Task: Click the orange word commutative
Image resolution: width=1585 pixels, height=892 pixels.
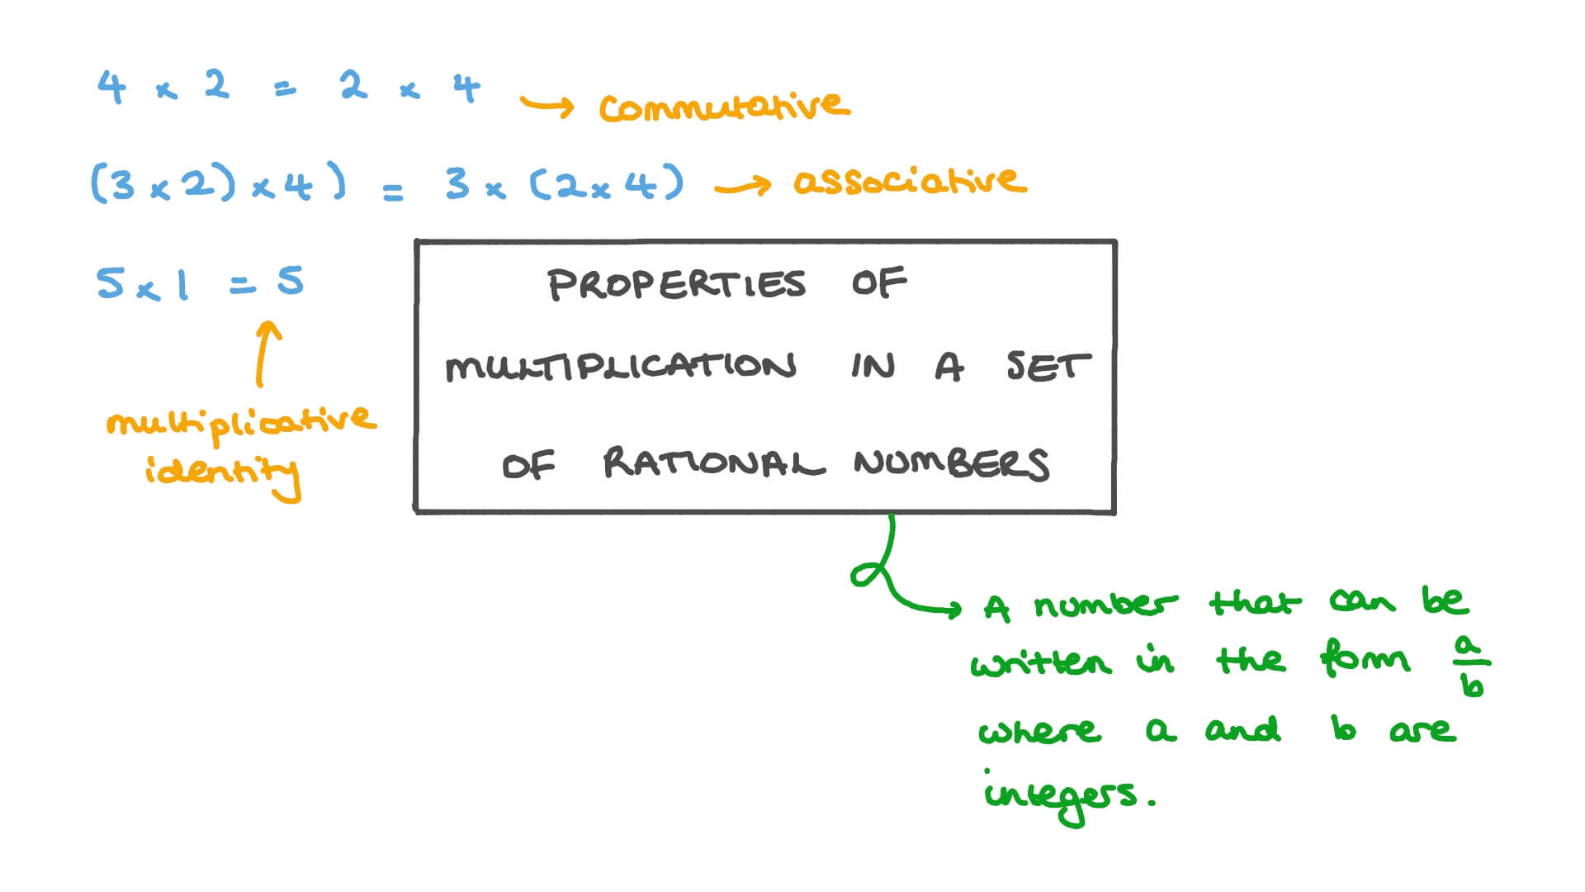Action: point(724,107)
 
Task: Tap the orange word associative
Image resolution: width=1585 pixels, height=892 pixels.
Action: point(910,181)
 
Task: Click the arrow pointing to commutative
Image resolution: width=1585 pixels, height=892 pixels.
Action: point(546,106)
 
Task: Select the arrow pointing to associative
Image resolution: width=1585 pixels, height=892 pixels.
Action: point(742,186)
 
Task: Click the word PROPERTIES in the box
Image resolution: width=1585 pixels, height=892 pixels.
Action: point(676,284)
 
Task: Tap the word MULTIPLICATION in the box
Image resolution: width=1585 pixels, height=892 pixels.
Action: point(621,367)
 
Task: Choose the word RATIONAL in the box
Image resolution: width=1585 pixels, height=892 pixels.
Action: point(713,463)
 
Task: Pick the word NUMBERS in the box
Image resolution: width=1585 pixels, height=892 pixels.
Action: point(952,464)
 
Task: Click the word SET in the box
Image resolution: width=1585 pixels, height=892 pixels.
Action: point(1048,366)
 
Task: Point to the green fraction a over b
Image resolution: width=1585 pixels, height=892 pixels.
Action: point(1471,666)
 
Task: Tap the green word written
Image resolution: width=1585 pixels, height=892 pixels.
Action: point(1040,662)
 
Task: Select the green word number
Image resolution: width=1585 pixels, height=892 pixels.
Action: point(1106,604)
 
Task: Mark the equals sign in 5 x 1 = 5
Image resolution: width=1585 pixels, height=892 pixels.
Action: point(242,286)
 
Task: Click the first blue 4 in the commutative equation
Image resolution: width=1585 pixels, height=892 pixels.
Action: point(111,87)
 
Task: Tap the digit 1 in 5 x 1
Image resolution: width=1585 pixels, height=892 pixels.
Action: point(182,284)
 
